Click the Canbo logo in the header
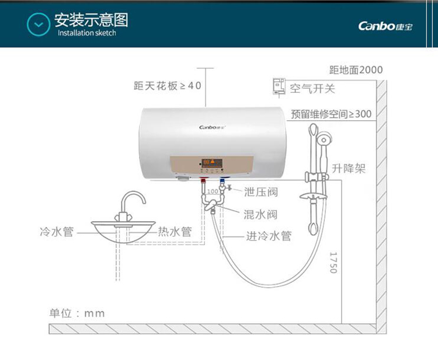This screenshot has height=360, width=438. pos(385,26)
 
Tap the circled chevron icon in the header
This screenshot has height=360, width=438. pos(39,25)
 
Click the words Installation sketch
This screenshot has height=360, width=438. pos(87,33)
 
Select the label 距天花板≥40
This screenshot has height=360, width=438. pos(168,86)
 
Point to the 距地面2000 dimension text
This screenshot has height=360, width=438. pos(356,70)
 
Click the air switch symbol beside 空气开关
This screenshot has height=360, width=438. pos(279,88)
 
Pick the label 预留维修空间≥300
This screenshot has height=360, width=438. pos(331,114)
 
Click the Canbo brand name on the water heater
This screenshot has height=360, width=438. pos(213,127)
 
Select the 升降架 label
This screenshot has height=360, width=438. pos(349,168)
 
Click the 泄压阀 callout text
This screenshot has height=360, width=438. pos(261,192)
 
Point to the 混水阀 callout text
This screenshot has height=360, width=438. pos(260,214)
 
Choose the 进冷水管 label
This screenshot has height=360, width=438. pos(269,236)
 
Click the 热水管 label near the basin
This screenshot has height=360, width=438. pos(175,232)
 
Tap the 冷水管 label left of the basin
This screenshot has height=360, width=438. pos(57,232)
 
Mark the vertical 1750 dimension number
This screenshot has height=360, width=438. pos(333,263)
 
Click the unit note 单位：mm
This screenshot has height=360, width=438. pos(77,313)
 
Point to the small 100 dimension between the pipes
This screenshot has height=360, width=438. pos(213,191)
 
